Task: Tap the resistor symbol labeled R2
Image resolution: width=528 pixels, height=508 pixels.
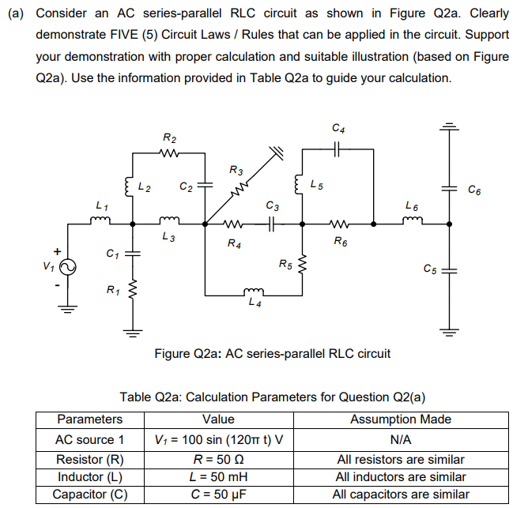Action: (x=168, y=153)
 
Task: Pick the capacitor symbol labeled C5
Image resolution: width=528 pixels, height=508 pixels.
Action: (x=451, y=269)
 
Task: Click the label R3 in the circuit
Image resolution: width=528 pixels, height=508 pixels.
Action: (x=236, y=170)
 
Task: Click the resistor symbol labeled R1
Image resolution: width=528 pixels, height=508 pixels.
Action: (x=132, y=293)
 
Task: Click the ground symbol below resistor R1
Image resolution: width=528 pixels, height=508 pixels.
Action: (x=132, y=332)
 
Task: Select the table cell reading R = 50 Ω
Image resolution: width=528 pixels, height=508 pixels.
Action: (x=218, y=459)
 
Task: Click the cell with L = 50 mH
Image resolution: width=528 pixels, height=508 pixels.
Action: (x=218, y=476)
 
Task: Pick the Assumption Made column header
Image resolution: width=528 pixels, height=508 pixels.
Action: (x=401, y=420)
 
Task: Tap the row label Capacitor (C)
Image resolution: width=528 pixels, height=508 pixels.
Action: (x=90, y=495)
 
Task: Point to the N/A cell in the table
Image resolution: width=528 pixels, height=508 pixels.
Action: (x=401, y=439)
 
